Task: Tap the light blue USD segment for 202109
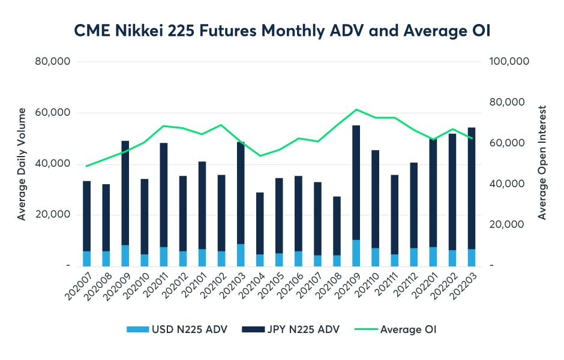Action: coord(356,253)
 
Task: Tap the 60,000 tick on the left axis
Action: coord(54,113)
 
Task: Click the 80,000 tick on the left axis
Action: coord(54,62)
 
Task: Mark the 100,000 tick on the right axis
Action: coord(509,62)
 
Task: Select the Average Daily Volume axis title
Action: coord(22,164)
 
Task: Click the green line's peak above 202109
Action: coord(356,110)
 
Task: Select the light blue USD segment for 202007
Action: coord(87,259)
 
